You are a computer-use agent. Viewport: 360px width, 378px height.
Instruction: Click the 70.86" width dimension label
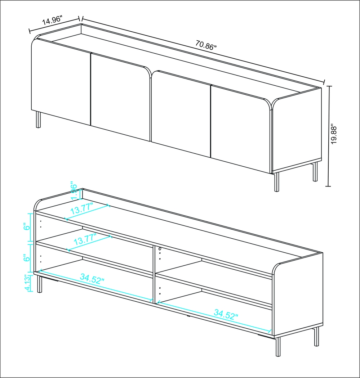tap(206, 46)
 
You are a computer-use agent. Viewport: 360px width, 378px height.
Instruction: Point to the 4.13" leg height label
tap(26, 284)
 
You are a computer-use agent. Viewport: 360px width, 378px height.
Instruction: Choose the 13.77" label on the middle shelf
tap(85, 240)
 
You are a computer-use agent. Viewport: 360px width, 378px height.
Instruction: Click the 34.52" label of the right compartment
tap(226, 314)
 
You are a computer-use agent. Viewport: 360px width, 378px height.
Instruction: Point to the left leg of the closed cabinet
tap(38, 120)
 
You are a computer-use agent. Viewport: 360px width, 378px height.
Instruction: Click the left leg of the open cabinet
tap(40, 284)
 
